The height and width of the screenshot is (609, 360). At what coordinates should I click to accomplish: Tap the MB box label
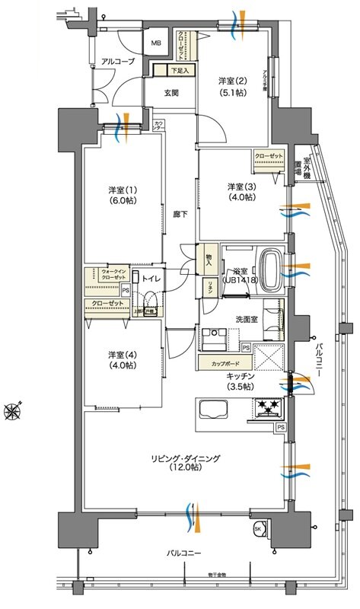pyautogui.click(x=156, y=43)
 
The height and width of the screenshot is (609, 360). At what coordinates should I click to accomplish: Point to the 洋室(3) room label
pyautogui.click(x=240, y=191)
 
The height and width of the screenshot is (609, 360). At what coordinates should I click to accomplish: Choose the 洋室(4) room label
pyautogui.click(x=122, y=360)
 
